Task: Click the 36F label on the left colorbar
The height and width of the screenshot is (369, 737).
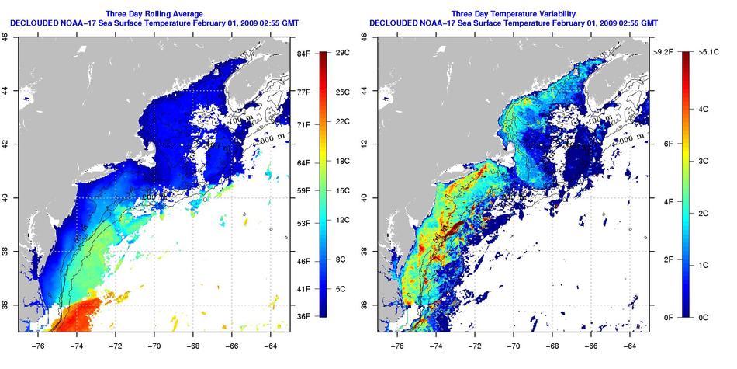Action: click(x=303, y=315)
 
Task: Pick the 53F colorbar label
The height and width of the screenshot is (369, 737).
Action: click(x=303, y=224)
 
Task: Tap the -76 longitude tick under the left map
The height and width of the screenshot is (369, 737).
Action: click(x=38, y=339)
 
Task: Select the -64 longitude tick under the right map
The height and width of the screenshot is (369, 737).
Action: click(x=630, y=339)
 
